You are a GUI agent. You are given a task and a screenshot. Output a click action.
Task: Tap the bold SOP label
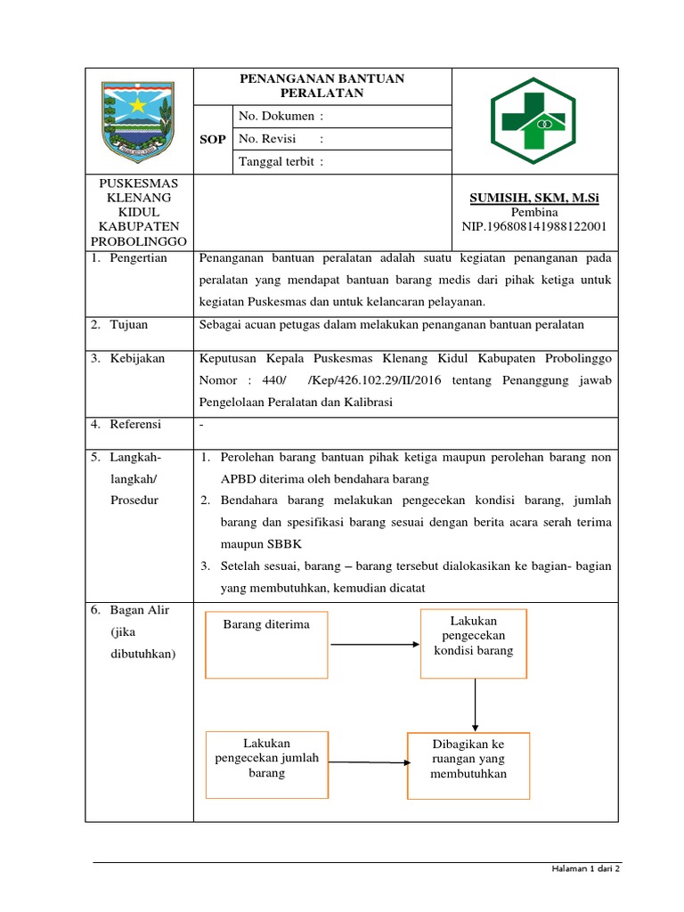pyautogui.click(x=213, y=140)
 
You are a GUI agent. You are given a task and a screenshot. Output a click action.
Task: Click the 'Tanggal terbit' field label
pyautogui.click(x=281, y=161)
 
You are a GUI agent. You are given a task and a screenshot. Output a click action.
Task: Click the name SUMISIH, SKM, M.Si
pyautogui.click(x=533, y=198)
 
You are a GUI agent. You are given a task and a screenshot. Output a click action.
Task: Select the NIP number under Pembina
pyautogui.click(x=533, y=226)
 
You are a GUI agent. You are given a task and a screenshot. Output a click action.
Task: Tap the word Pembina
pyautogui.click(x=533, y=212)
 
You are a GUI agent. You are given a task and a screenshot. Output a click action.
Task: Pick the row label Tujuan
pyautogui.click(x=130, y=325)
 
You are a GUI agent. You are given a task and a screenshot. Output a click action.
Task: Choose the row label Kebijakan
pyautogui.click(x=137, y=358)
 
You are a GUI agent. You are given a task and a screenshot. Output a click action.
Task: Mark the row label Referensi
pyautogui.click(x=135, y=425)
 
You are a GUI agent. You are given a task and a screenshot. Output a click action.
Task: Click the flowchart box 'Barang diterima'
pyautogui.click(x=266, y=645)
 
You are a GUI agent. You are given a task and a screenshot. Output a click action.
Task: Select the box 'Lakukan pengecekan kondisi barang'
pyautogui.click(x=473, y=643)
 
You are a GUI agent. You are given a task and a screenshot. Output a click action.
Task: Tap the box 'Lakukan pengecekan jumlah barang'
pyautogui.click(x=266, y=764)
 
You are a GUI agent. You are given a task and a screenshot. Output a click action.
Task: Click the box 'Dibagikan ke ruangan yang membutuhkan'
pyautogui.click(x=468, y=766)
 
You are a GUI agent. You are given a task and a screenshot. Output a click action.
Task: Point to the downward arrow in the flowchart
pyautogui.click(x=475, y=704)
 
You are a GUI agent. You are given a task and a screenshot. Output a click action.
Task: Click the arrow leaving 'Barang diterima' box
pyautogui.click(x=373, y=643)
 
